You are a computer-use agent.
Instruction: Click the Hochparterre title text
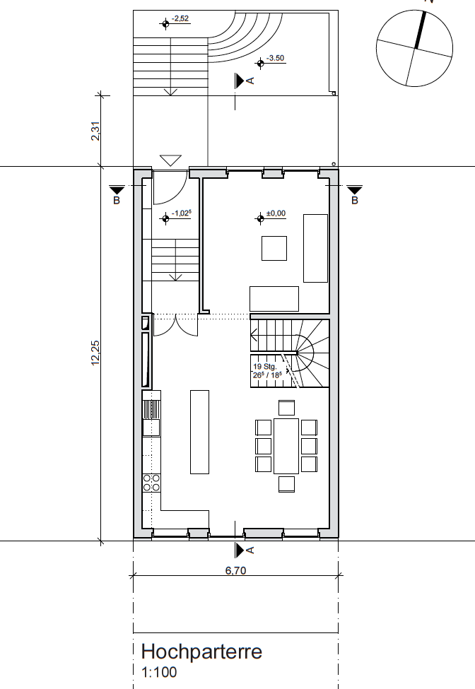(x=201, y=652)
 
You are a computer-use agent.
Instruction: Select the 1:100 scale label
(x=159, y=672)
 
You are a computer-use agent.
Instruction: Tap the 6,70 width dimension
(x=235, y=570)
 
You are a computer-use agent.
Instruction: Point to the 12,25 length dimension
(x=95, y=353)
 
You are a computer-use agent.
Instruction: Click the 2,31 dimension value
(x=95, y=131)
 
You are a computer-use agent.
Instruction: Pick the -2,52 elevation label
(x=180, y=18)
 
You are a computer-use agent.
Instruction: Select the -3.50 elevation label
(x=276, y=58)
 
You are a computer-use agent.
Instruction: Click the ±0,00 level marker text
(x=276, y=213)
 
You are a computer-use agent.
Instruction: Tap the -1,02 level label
(x=182, y=213)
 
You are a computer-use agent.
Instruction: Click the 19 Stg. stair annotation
(x=264, y=367)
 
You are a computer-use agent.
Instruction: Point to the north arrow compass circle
(x=414, y=48)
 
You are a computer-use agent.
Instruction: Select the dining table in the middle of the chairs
(x=286, y=446)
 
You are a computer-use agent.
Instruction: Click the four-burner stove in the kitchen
(x=151, y=483)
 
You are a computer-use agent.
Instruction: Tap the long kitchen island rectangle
(x=199, y=432)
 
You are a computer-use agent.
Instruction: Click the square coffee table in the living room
(x=274, y=248)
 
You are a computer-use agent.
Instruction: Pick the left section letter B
(x=117, y=201)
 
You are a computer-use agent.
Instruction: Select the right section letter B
(x=355, y=201)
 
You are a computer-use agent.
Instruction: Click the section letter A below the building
(x=250, y=550)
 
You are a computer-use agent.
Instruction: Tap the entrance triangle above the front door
(x=170, y=160)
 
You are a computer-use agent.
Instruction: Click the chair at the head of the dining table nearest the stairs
(x=286, y=408)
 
